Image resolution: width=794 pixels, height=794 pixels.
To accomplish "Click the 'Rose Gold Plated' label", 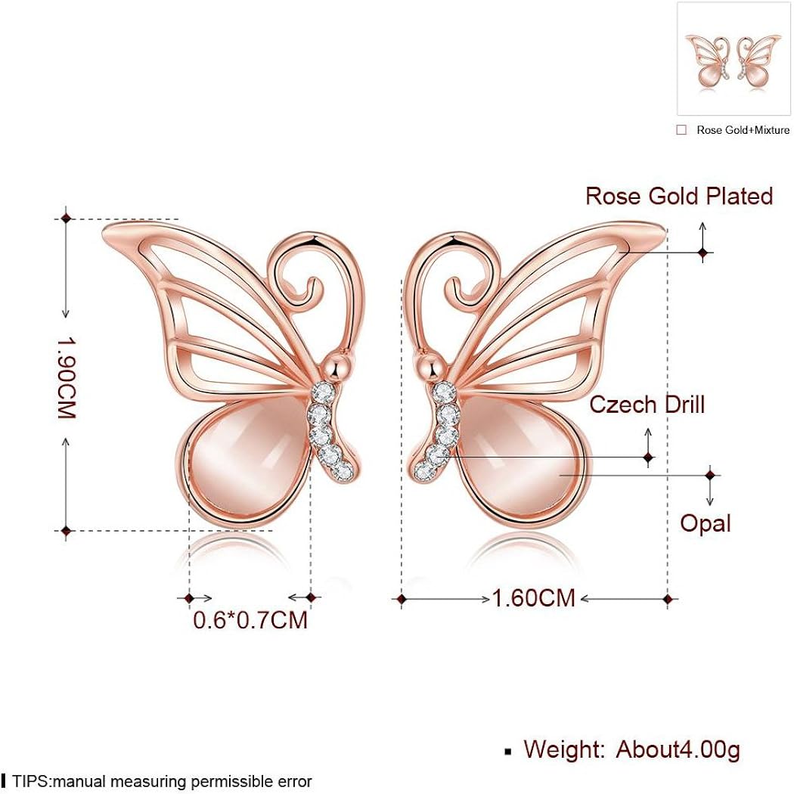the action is pos(679,197).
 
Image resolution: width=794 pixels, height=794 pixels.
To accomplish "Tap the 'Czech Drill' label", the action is pos(647,405).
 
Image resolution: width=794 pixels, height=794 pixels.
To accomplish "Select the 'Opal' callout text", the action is pos(705,523).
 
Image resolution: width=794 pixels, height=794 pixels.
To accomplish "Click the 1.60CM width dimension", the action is pos(534,598).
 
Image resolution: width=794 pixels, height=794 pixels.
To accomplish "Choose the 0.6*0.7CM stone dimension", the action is pos(250,620).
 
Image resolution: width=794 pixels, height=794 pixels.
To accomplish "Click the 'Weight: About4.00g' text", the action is pos(631,749).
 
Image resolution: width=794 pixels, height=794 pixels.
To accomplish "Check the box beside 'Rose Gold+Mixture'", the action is pos(681,130).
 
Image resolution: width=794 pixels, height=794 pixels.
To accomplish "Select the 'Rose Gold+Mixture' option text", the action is pos(743,130).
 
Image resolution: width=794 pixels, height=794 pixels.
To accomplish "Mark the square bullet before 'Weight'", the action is pos(508,752).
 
